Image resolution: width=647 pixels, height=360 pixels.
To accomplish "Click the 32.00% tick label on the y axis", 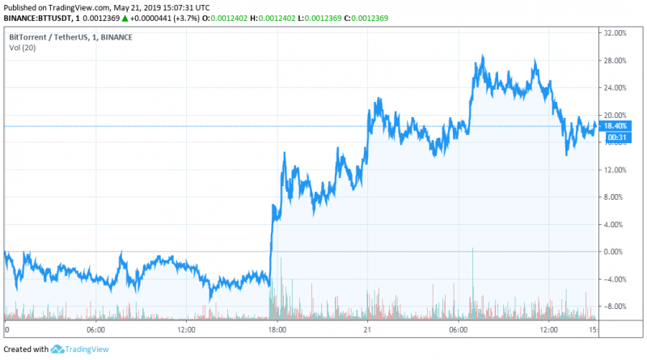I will click(616, 33).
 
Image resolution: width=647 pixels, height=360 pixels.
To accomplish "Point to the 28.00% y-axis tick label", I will click(616, 61).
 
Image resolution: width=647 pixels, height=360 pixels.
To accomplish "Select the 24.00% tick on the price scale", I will click(616, 87).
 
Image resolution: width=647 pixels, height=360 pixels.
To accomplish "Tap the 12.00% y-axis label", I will click(616, 170).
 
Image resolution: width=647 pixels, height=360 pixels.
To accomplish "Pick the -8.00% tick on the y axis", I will click(616, 307).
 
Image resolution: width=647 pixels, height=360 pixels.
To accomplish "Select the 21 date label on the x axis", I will click(366, 330).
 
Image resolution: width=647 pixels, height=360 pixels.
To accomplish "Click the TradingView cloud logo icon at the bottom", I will click(57, 349).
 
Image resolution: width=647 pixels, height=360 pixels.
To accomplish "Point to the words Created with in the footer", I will click(26, 349).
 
